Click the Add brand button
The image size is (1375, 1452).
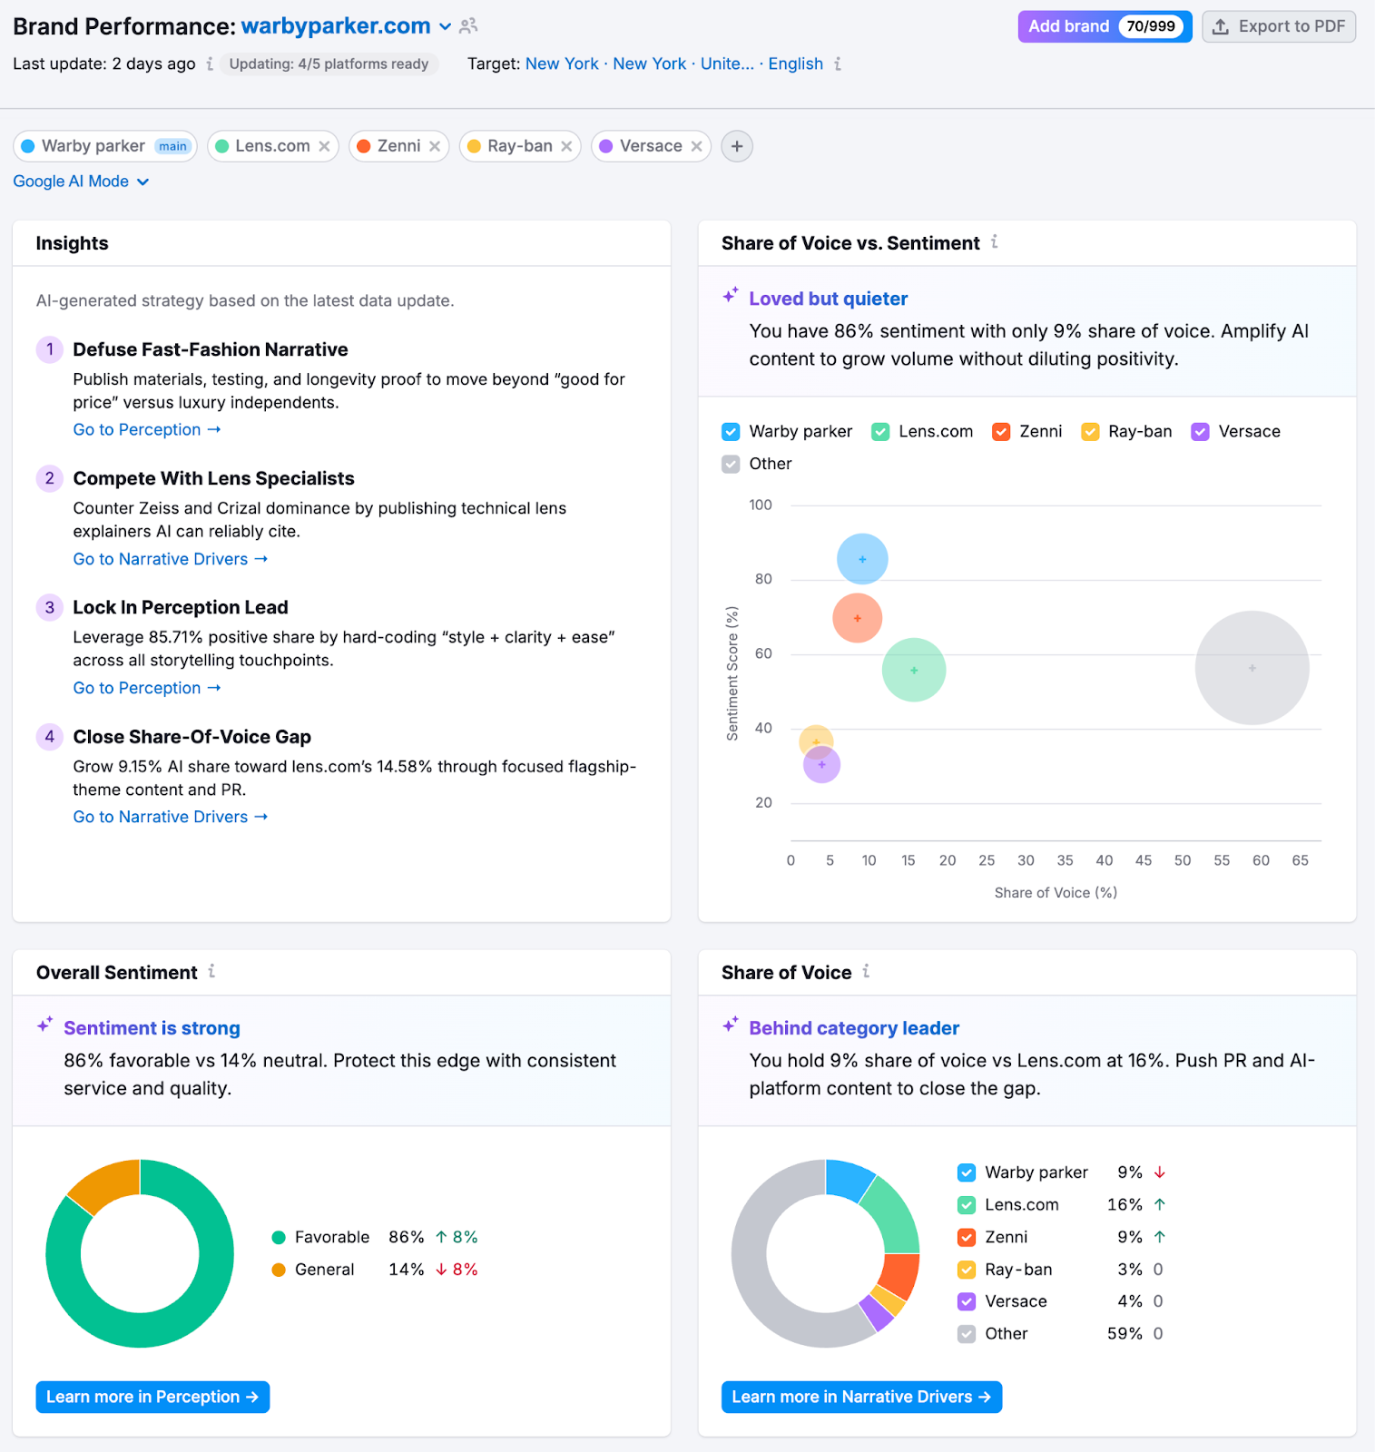1068,26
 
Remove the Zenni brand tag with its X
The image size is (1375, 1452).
435,146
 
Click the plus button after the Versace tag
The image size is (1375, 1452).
736,146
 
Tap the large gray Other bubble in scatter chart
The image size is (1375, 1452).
1252,668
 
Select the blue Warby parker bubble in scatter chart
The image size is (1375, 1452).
862,559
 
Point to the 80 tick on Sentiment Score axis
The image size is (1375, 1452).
763,579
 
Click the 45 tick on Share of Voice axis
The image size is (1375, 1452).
1143,860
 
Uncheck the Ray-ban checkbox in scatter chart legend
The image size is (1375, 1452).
1090,432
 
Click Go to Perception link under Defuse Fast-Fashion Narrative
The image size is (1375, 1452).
146,429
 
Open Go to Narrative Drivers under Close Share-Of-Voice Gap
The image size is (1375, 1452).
170,817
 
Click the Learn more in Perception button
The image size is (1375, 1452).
152,1397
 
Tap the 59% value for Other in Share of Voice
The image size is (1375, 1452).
1124,1333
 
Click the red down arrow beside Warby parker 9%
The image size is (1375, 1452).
1159,1172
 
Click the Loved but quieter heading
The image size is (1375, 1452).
828,299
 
